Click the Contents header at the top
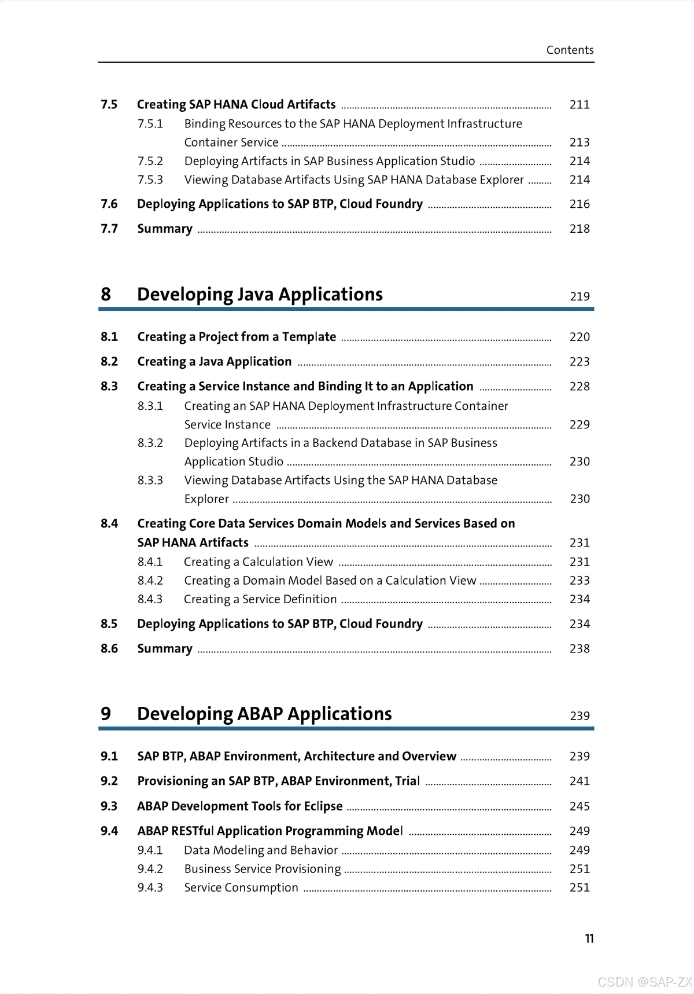(570, 50)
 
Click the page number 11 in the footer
(589, 938)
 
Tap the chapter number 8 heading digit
(106, 294)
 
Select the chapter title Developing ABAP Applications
(264, 714)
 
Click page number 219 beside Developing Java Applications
(579, 296)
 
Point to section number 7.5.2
(150, 161)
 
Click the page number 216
(579, 204)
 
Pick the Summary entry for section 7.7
(165, 229)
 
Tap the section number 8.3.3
(150, 480)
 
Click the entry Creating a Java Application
(214, 362)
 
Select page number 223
(579, 362)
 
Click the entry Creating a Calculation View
(259, 562)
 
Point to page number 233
(579, 581)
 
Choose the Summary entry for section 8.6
(165, 648)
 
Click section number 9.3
(109, 806)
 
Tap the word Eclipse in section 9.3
(323, 806)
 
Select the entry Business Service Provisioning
(263, 869)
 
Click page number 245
(579, 806)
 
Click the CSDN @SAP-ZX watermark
(644, 982)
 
